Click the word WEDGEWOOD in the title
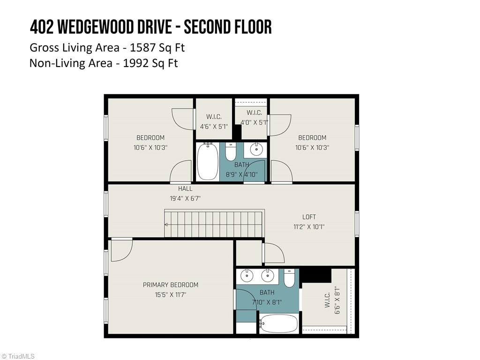coord(115,27)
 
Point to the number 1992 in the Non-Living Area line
coord(136,63)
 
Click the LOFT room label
coord(309,217)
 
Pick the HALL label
coord(185,189)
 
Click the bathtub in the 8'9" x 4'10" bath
coord(207,162)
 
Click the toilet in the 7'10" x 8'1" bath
coord(289,278)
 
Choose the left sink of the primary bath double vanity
coord(246,276)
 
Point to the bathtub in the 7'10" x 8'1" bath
coord(279,323)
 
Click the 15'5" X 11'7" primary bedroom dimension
coord(171,295)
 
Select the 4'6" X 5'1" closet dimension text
coord(214,127)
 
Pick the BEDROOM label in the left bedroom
coord(150,138)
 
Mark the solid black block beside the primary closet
coord(315,275)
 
